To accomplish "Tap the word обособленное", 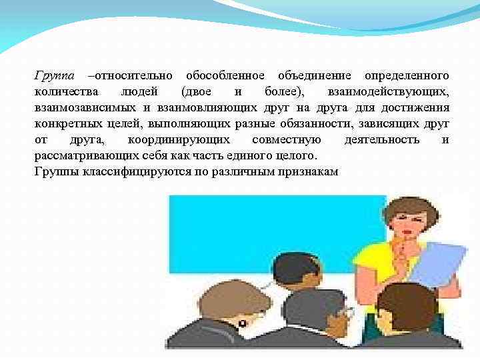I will (x=225, y=75).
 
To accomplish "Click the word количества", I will (x=66, y=91).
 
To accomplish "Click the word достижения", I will (x=417, y=107).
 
